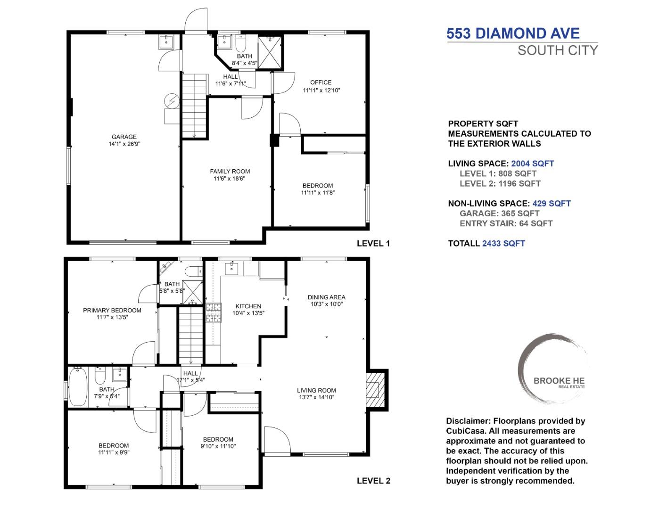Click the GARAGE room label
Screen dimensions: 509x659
[124, 137]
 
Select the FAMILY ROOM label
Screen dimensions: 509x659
[230, 172]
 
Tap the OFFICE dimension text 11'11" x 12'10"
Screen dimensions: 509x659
[321, 90]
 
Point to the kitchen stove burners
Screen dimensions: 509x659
[213, 312]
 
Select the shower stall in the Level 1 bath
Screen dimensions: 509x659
[270, 52]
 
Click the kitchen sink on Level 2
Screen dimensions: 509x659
[232, 269]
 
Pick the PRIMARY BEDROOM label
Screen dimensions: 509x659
[112, 310]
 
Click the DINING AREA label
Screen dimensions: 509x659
[326, 297]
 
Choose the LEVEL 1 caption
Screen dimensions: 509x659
[373, 244]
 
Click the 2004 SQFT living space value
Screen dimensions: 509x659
[532, 164]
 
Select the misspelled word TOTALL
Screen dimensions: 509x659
[463, 244]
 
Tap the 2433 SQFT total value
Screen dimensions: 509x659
[503, 244]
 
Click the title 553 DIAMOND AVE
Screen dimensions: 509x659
[513, 33]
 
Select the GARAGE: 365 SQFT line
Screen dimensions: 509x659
[499, 213]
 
